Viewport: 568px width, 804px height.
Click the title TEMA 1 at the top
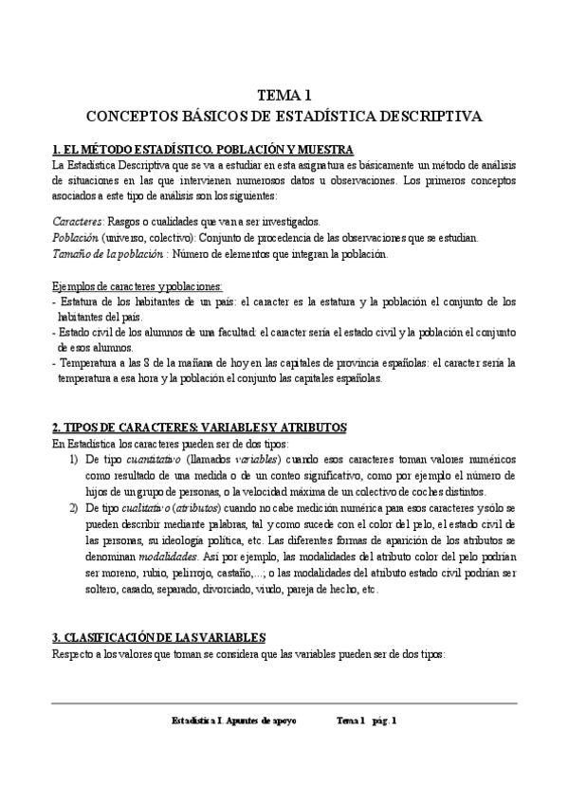[284, 95]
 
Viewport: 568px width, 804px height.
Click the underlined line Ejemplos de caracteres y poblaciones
[137, 286]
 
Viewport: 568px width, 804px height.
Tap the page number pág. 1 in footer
[384, 721]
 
